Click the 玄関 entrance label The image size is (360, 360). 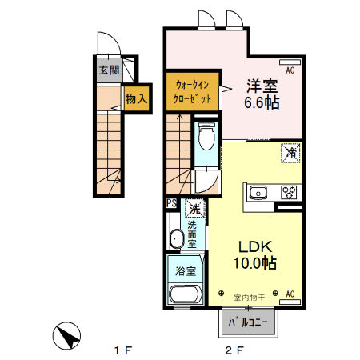pyautogui.click(x=109, y=70)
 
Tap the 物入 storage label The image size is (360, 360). pyautogui.click(x=135, y=99)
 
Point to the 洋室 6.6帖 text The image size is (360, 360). pyautogui.click(x=262, y=93)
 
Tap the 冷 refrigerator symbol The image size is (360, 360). pyautogui.click(x=290, y=152)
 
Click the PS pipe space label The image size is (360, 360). pyautogui.click(x=172, y=204)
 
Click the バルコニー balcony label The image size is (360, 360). pyautogui.click(x=249, y=323)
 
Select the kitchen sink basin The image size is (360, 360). pyautogui.click(x=259, y=192)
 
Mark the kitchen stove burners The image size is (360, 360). pyautogui.click(x=288, y=192)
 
